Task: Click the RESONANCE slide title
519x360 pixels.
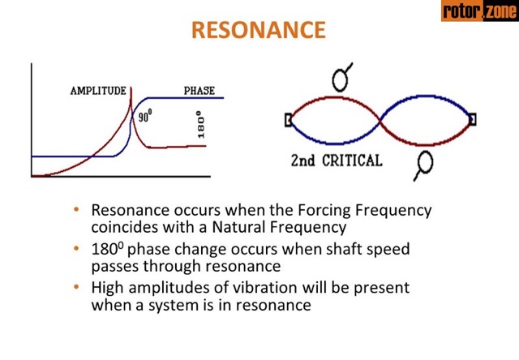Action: pyautogui.click(x=259, y=30)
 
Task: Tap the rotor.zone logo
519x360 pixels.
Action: pyautogui.click(x=478, y=11)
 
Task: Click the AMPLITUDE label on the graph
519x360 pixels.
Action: pyautogui.click(x=97, y=90)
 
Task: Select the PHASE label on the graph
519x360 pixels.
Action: pyautogui.click(x=199, y=90)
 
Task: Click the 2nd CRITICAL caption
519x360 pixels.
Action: pyautogui.click(x=336, y=160)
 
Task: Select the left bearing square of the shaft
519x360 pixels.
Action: pyautogui.click(x=288, y=120)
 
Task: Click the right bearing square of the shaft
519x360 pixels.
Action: pyautogui.click(x=472, y=120)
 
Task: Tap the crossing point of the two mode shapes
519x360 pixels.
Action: pyautogui.click(x=381, y=120)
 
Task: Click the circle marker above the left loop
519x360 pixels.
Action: pyautogui.click(x=341, y=79)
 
